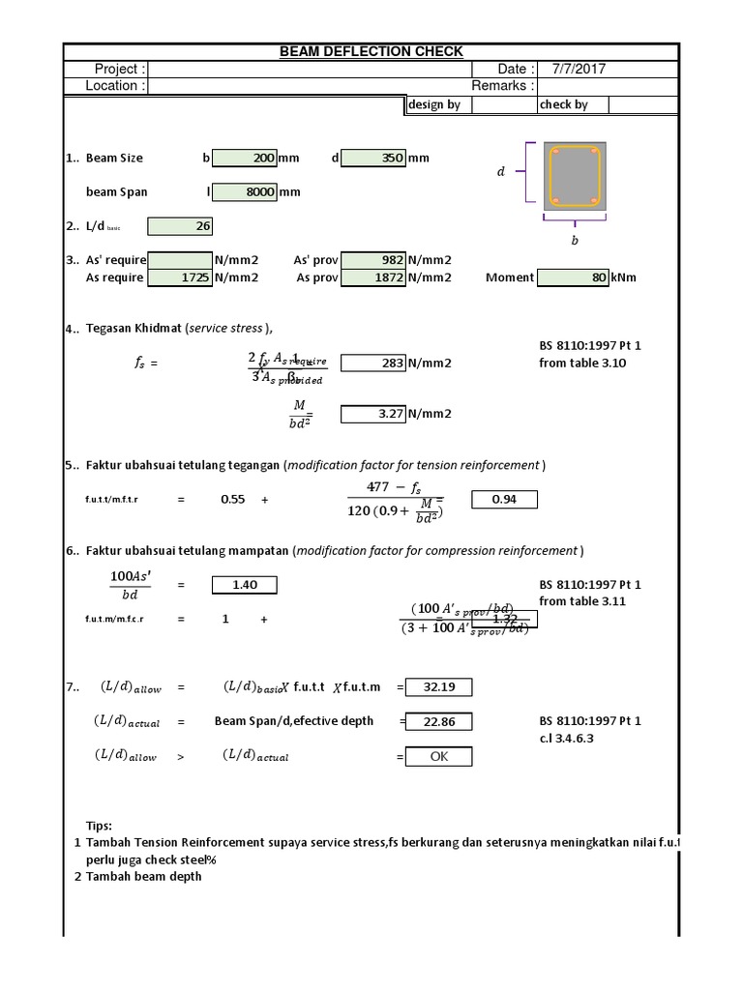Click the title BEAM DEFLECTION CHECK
pyautogui.click(x=371, y=51)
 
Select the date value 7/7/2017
pyautogui.click(x=579, y=69)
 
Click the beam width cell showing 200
pyautogui.click(x=244, y=158)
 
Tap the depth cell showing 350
pyautogui.click(x=373, y=158)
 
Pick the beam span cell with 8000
pyautogui.click(x=244, y=191)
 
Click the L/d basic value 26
pyautogui.click(x=180, y=226)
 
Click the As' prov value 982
pyautogui.click(x=373, y=260)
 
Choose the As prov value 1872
pyautogui.click(x=373, y=277)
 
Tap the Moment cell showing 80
pyautogui.click(x=573, y=277)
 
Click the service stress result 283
pyautogui.click(x=373, y=364)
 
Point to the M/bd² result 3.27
pyautogui.click(x=373, y=414)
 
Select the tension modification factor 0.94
pyautogui.click(x=503, y=500)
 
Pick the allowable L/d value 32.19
pyautogui.click(x=438, y=687)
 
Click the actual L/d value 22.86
pyautogui.click(x=438, y=721)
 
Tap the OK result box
pyautogui.click(x=438, y=757)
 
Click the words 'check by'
pyautogui.click(x=564, y=104)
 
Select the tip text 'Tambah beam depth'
pyautogui.click(x=144, y=876)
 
